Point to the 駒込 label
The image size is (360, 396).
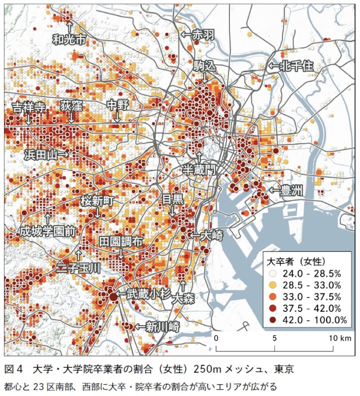(205, 66)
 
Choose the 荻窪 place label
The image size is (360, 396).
(71, 106)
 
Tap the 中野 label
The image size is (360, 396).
(117, 105)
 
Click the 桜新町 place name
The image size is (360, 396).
(98, 200)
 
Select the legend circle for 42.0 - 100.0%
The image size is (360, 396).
(273, 320)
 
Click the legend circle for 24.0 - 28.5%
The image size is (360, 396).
(273, 273)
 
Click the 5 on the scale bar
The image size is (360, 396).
(274, 338)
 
